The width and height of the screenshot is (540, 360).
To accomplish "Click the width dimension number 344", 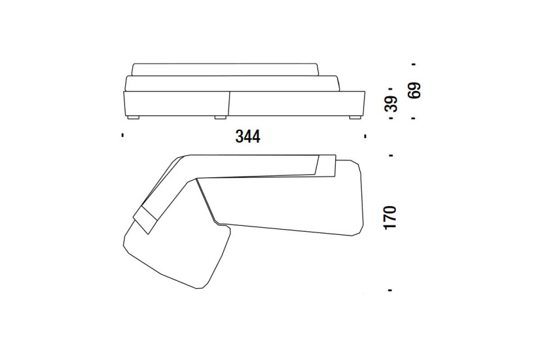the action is point(248,136).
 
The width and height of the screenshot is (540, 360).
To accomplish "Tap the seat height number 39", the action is point(391,103).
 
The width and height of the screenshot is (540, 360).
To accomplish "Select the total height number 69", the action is point(414,90).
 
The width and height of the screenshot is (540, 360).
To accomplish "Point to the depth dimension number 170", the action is point(391,217).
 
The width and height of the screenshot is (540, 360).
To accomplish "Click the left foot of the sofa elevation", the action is point(133,117).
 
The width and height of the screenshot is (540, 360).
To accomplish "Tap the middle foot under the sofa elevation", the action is point(220,117).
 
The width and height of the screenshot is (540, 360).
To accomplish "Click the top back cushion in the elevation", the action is point(225,69).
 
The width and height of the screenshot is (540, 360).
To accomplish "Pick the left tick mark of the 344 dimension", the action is point(122,135).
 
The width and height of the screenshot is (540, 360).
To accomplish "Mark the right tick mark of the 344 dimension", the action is point(365,136).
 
